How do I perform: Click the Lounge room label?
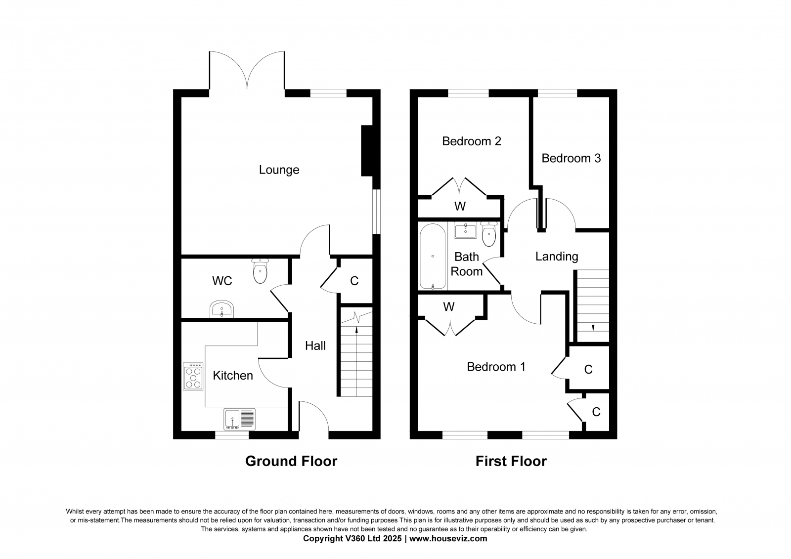click(279, 170)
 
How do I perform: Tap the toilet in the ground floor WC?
click(260, 271)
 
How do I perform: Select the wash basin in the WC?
click(222, 309)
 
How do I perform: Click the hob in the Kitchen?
click(193, 377)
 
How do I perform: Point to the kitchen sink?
click(239, 420)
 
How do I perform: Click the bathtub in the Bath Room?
click(433, 257)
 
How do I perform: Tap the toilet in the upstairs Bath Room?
click(489, 234)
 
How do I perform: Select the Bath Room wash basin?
click(465, 230)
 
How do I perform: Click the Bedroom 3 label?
click(571, 158)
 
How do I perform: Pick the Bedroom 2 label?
click(472, 141)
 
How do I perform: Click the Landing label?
click(557, 257)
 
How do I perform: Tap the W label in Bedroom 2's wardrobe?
click(460, 206)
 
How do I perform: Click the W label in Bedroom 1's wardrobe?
click(448, 307)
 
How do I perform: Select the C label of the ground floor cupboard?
click(354, 281)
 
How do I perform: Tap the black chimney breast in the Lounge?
click(367, 151)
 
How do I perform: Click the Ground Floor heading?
click(291, 461)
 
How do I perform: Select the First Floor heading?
click(511, 461)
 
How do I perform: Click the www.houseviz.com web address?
click(448, 539)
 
